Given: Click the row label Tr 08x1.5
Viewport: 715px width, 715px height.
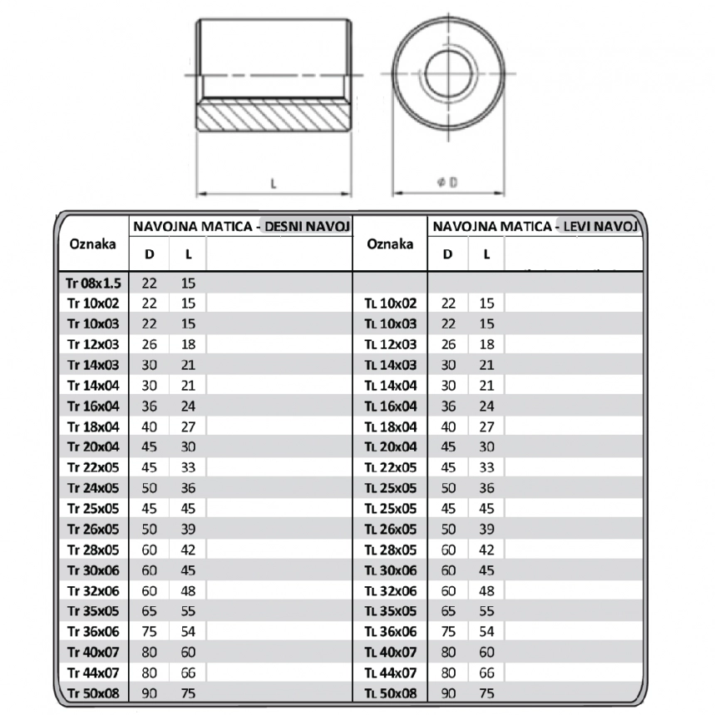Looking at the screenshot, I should [93, 284].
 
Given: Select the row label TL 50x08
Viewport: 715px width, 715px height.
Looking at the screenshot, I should [390, 693].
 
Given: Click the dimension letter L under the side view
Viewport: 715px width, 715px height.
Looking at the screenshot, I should [274, 184].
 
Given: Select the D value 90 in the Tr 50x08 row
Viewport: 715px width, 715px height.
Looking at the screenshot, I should [150, 693].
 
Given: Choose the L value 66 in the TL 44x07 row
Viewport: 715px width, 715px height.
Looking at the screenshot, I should [487, 673].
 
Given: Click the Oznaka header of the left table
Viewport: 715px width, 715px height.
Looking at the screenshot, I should [93, 244].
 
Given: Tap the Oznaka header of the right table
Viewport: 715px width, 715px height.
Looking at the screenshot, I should [390, 244].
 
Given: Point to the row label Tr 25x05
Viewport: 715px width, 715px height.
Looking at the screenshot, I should [93, 508].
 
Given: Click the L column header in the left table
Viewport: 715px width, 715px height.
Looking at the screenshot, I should [188, 254].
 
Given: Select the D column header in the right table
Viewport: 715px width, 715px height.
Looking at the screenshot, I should [448, 254].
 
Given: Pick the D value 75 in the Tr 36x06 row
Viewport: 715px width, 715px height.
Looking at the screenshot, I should [150, 632].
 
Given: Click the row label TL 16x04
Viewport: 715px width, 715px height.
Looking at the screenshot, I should [390, 407].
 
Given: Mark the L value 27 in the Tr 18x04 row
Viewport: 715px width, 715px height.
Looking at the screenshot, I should [188, 427].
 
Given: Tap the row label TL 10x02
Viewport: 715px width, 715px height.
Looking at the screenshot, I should [390, 304].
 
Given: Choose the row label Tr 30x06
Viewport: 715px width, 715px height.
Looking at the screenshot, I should [93, 570].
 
